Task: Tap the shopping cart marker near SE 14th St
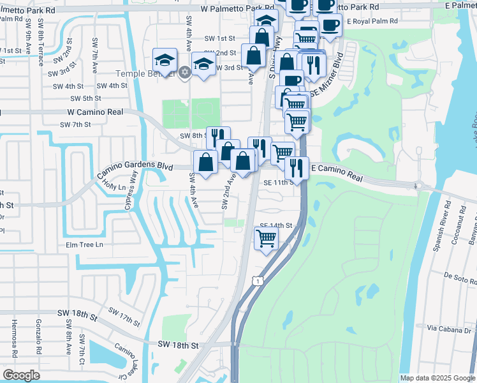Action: [x=266, y=239]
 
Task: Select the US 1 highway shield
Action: [x=256, y=280]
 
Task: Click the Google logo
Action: [x=21, y=375]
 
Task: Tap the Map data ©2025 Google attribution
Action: [x=437, y=378]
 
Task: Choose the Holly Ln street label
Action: [x=115, y=184]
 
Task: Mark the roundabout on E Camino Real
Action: [x=418, y=186]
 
